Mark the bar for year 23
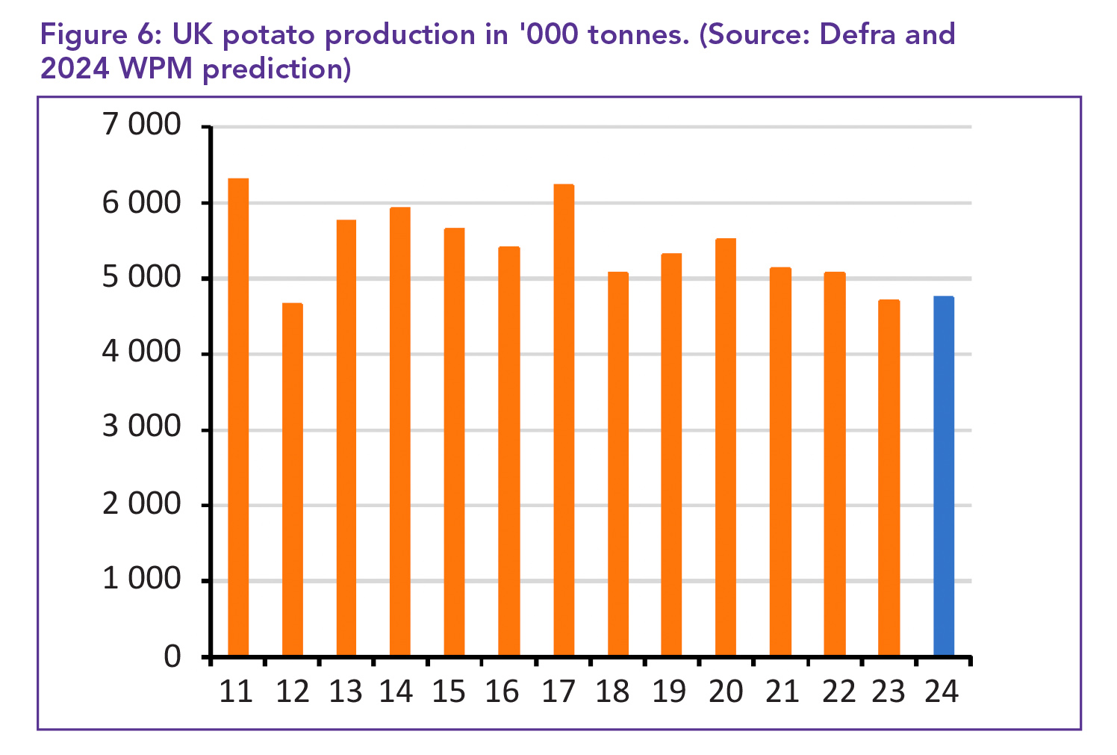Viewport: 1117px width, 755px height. [889, 478]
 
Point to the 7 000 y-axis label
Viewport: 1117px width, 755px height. [142, 125]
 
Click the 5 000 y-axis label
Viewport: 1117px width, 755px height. [142, 277]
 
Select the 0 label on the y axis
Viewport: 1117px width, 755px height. [172, 656]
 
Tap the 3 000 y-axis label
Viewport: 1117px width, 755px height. [142, 428]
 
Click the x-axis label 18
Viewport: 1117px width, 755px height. [612, 692]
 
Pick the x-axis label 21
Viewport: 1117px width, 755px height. [782, 692]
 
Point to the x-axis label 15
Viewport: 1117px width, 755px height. [449, 692]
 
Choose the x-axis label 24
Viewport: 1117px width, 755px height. [942, 692]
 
